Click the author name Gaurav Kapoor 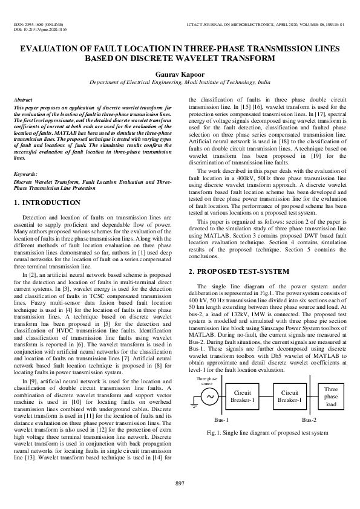click(x=180, y=72)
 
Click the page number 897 click(x=180, y=482)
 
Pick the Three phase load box click(x=331, y=397)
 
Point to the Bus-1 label click(x=221, y=420)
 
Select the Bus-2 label click(x=309, y=420)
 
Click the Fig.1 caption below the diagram click(x=268, y=433)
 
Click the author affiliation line click(x=180, y=81)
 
